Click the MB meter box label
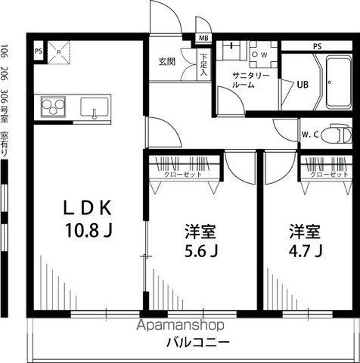coord(204,39)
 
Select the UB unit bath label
coord(302,84)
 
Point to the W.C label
coord(311,135)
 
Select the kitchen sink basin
coord(95,107)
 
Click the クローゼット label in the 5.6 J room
coord(182,175)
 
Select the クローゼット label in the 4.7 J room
coord(327,175)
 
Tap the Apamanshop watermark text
coord(179,326)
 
